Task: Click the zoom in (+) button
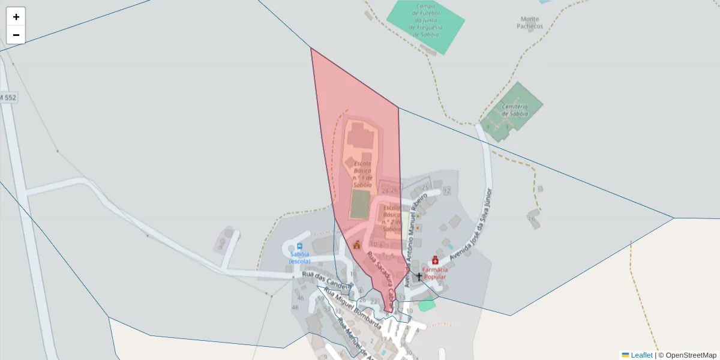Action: pyautogui.click(x=16, y=17)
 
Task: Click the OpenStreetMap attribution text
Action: pyautogui.click(x=687, y=355)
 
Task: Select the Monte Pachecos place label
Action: pyautogui.click(x=530, y=23)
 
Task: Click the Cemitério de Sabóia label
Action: pyautogui.click(x=515, y=110)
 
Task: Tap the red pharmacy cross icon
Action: pyautogui.click(x=435, y=260)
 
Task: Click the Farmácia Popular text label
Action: pyautogui.click(x=435, y=274)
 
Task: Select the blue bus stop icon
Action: pyautogui.click(x=299, y=247)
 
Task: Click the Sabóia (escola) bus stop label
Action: pyautogui.click(x=299, y=258)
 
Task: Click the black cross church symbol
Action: pyautogui.click(x=419, y=277)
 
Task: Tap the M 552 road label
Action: pyautogui.click(x=8, y=97)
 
